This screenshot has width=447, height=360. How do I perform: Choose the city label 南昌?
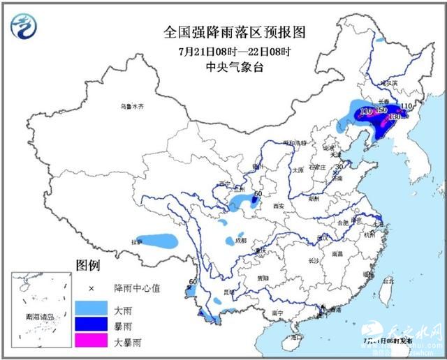click(x=337, y=255)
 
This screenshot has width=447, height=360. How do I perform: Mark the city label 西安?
click(x=279, y=206)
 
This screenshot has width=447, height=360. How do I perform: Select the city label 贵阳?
click(x=263, y=277)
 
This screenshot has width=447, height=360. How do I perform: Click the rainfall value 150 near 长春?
click(x=381, y=111)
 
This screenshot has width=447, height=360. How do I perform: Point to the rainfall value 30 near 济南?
click(x=339, y=167)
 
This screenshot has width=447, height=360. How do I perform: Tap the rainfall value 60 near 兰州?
click(x=257, y=194)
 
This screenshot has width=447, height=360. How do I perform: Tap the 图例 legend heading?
click(x=88, y=266)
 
